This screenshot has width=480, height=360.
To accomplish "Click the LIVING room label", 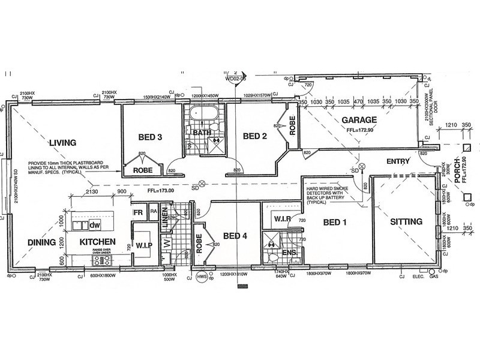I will point(62,143).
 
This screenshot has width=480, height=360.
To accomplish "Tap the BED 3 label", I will point(151,137).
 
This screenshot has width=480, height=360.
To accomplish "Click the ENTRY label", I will point(398,161).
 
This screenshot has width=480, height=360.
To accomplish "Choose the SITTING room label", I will point(406,221).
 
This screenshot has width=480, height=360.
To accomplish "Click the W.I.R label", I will point(281,219).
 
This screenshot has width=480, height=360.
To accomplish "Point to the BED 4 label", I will point(235,235).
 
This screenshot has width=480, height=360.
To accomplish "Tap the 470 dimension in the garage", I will point(359,103).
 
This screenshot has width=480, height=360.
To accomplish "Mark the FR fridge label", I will point(137,212).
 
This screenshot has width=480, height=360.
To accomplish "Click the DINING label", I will point(41,242).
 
